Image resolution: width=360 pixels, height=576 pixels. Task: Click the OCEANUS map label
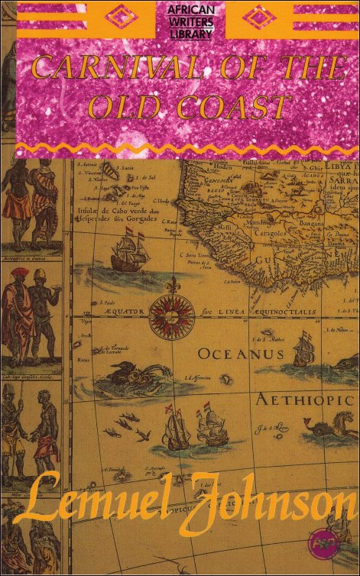(241, 354)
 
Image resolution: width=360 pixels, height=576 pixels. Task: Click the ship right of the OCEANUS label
(303, 351)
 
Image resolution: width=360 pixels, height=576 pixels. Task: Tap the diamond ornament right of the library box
(256, 16)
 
